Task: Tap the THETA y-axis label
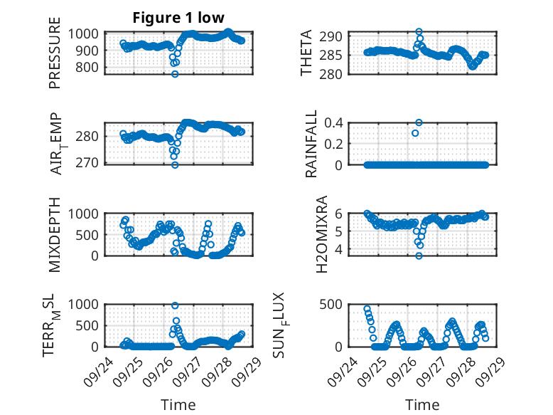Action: [x=306, y=54]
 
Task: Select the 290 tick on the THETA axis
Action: [x=335, y=36]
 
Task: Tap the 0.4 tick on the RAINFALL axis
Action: [x=334, y=122]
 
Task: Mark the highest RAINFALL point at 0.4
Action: [x=419, y=122]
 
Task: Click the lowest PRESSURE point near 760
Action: [x=175, y=74]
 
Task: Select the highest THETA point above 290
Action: [x=419, y=32]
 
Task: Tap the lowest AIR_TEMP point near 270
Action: [x=175, y=164]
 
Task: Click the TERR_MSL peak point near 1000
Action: [x=175, y=305]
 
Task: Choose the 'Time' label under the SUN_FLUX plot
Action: [x=422, y=404]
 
